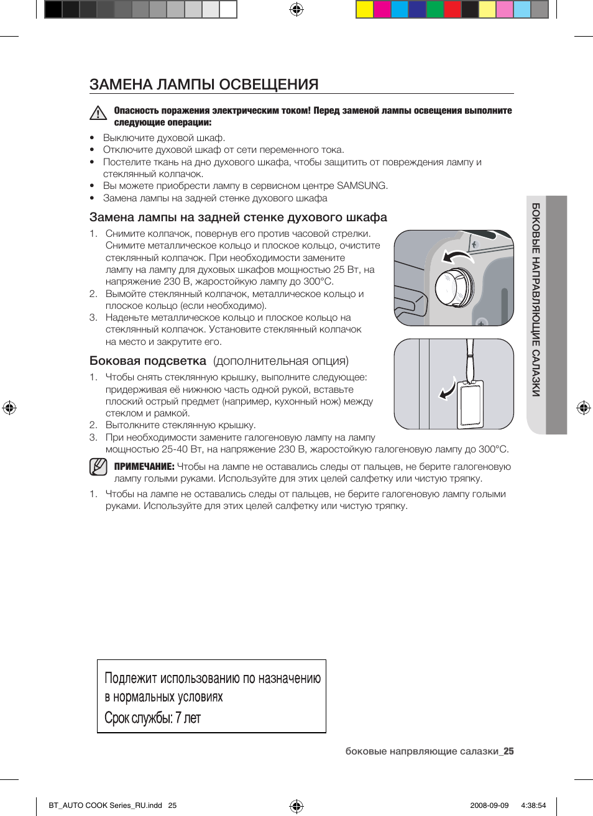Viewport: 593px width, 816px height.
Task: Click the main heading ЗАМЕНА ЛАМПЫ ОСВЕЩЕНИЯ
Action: pyautogui.click(x=204, y=85)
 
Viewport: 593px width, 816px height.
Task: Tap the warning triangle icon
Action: pyautogui.click(x=98, y=113)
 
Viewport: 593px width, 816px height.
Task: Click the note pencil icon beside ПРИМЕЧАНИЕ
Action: pyautogui.click(x=98, y=467)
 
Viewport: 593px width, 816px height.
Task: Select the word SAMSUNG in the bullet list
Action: pyautogui.click(x=361, y=186)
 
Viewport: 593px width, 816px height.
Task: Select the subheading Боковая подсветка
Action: pyautogui.click(x=148, y=361)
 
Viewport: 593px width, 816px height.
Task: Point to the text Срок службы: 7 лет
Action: pyautogui.click(x=153, y=718)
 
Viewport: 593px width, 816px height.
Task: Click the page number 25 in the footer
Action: pyautogui.click(x=508, y=751)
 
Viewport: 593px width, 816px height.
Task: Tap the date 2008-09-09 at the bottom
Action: pyautogui.click(x=489, y=805)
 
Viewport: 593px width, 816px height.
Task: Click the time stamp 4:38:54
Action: pyautogui.click(x=533, y=805)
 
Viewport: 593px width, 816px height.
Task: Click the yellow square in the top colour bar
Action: pyautogui.click(x=364, y=9)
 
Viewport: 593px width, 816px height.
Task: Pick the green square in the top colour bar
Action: pyautogui.click(x=435, y=9)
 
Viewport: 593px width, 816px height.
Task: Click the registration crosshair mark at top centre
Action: pyautogui.click(x=296, y=9)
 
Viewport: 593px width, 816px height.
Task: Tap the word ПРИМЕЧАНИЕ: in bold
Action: pyautogui.click(x=144, y=467)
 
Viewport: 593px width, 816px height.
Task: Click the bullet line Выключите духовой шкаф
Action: pyautogui.click(x=164, y=138)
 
